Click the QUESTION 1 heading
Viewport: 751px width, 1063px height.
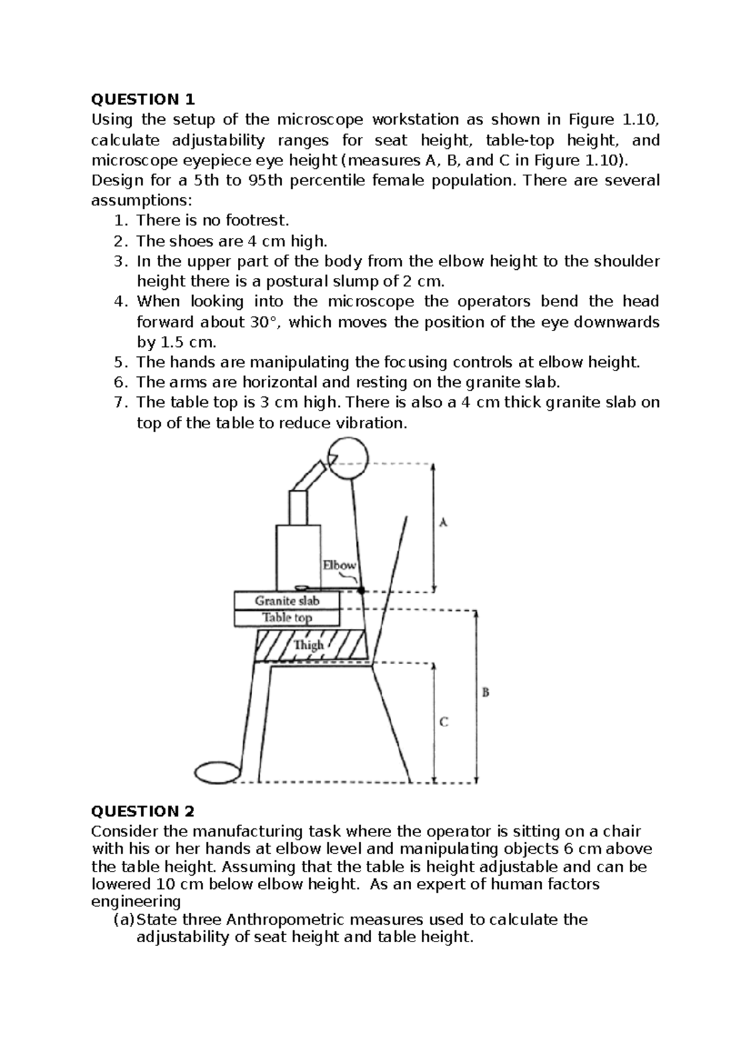[143, 100]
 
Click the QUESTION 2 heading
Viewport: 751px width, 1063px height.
[143, 811]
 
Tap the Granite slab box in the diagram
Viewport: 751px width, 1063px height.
[287, 601]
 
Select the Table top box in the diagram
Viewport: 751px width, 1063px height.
[287, 618]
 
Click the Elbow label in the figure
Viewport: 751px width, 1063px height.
[339, 565]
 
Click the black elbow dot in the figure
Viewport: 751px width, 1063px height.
[361, 590]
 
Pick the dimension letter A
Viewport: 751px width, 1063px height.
[443, 522]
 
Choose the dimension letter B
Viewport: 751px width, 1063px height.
[485, 692]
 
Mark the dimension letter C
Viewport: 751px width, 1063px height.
[443, 722]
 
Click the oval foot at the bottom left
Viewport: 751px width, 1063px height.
[217, 773]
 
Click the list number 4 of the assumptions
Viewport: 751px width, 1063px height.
[121, 302]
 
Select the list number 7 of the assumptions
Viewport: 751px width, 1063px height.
[121, 403]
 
